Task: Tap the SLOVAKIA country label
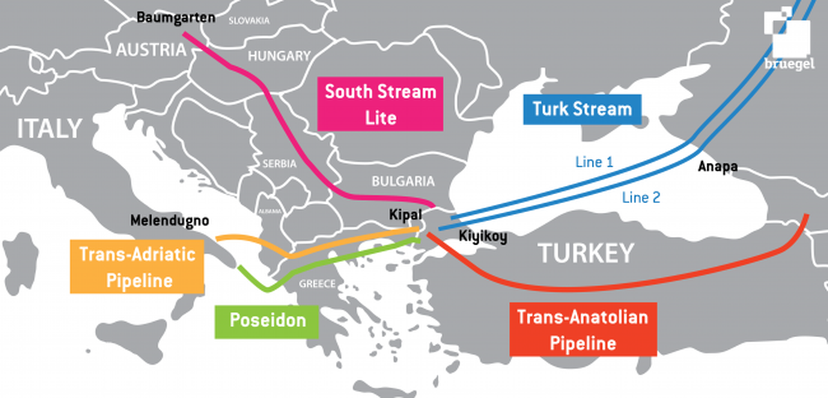[x=249, y=21]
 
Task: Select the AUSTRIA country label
[x=150, y=50]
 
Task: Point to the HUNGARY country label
[x=279, y=56]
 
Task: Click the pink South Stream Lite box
[x=380, y=104]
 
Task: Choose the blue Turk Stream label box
[x=581, y=108]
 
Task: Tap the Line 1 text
[x=594, y=162]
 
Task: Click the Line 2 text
[x=640, y=198]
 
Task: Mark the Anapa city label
[x=717, y=167]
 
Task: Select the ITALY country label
[x=49, y=129]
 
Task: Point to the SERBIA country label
[x=279, y=164]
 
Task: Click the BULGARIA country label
[x=403, y=182]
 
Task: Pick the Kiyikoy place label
[x=483, y=237]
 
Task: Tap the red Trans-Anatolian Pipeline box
[x=582, y=330]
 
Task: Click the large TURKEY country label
[x=585, y=253]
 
